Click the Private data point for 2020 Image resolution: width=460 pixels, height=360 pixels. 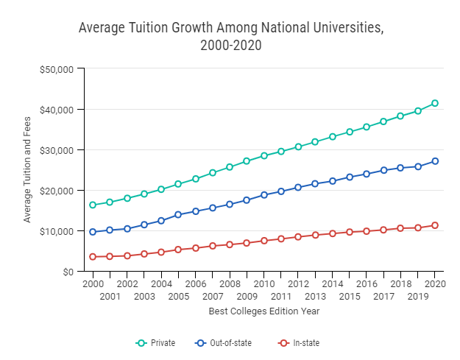point(435,103)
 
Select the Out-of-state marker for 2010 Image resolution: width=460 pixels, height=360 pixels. point(263,195)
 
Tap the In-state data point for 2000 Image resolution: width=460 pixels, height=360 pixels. point(93,257)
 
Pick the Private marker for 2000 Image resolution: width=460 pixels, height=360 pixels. point(93,205)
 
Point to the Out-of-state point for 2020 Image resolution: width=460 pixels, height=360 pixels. point(435,161)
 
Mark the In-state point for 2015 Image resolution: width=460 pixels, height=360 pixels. point(350,232)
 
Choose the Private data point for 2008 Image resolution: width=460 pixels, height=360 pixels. point(230,167)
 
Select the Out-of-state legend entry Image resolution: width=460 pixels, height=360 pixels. point(222,343)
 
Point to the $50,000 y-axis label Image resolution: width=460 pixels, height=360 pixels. point(56,69)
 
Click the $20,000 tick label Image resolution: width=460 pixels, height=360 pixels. point(56,191)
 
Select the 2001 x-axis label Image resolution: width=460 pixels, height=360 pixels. point(110,297)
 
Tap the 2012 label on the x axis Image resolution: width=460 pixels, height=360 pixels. point(298,284)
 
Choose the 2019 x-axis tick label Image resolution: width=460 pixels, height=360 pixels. point(418,297)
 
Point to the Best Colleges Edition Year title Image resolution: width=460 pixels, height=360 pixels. point(263,311)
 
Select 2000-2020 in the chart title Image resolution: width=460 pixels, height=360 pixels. point(231,46)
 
